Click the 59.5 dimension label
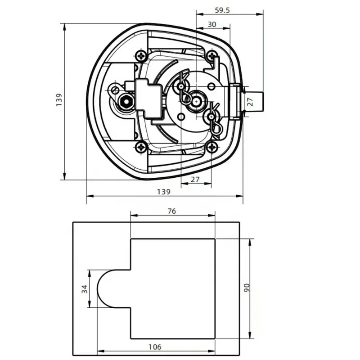[222, 10]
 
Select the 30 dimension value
[211, 24]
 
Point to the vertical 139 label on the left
[59, 99]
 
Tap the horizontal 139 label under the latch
[163, 192]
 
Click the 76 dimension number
[172, 211]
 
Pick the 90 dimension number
[246, 288]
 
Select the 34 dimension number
[85, 289]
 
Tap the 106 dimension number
[155, 347]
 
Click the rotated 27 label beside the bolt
[251, 102]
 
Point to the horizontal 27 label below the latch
[195, 179]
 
